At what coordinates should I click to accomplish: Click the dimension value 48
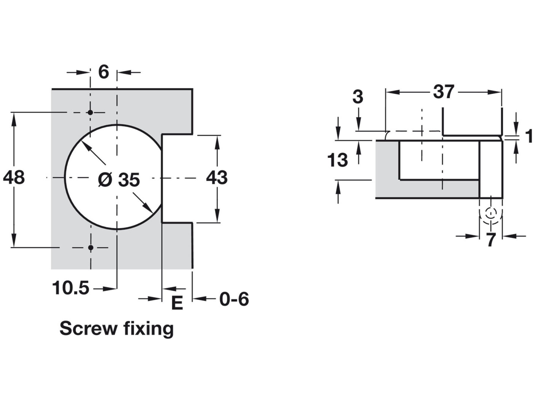click(x=14, y=178)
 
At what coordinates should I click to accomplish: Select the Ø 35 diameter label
click(x=119, y=180)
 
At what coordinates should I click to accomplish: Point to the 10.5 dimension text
click(x=71, y=288)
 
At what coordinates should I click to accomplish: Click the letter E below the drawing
click(x=177, y=303)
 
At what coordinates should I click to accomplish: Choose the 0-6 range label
click(x=234, y=299)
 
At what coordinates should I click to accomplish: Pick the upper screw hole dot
click(x=90, y=113)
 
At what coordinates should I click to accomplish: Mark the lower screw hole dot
click(x=91, y=247)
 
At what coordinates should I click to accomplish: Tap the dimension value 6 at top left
click(x=103, y=72)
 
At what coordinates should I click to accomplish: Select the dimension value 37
click(x=443, y=92)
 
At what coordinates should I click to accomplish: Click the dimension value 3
click(x=358, y=97)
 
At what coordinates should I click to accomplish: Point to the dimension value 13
click(x=338, y=160)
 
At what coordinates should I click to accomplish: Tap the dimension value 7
click(x=491, y=240)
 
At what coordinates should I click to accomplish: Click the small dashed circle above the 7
click(x=491, y=213)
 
